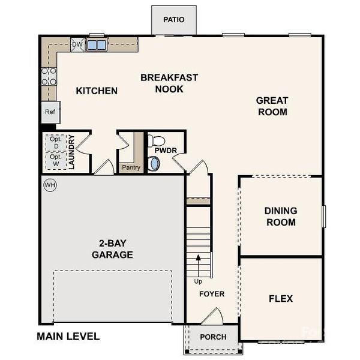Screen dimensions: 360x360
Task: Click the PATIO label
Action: pos(173,20)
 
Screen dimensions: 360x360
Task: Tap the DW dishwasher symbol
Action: pos(77,44)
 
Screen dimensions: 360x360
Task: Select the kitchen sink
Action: pos(97,45)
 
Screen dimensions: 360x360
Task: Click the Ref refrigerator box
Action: pos(50,112)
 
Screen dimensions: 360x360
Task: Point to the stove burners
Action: pos(49,76)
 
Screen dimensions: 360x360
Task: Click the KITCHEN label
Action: pos(97,91)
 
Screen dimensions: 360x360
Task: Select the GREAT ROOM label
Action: pos(271,106)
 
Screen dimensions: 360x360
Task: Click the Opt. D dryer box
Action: pos(55,142)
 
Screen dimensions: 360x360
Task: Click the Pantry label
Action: pos(130,168)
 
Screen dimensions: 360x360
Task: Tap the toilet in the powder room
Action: pos(156,141)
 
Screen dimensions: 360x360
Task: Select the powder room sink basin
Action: pos(155,163)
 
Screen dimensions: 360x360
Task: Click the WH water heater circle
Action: pos(50,185)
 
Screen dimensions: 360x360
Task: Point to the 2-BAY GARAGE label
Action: pos(112,249)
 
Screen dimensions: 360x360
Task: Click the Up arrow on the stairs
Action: pos(197,267)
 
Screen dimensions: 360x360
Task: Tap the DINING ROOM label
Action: pos(280,217)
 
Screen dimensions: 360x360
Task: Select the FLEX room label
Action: pos(280,299)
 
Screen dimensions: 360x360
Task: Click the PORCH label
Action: pos(213,337)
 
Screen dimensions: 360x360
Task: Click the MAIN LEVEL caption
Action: pos(68,337)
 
